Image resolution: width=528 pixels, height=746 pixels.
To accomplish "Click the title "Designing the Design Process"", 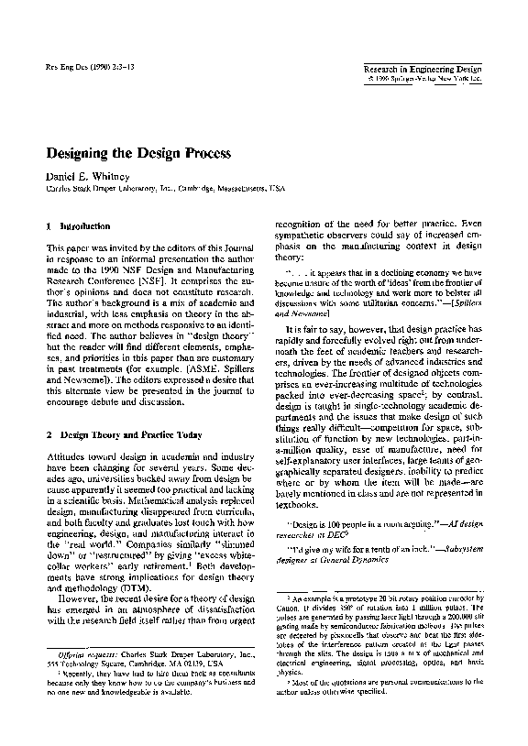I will point(138,151).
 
